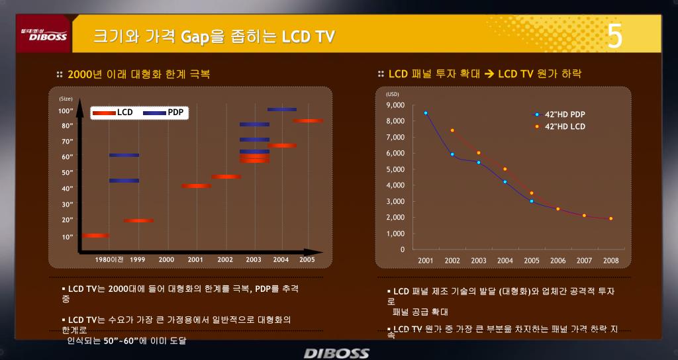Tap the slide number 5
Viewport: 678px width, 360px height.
pos(615,36)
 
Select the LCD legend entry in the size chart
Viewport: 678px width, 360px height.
pos(113,112)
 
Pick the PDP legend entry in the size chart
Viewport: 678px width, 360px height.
pos(163,112)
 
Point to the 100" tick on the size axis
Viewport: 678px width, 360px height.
pos(66,111)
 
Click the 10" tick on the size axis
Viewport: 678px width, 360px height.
pos(67,236)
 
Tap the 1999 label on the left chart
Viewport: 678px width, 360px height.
pos(138,259)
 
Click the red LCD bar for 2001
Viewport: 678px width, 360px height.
pos(196,186)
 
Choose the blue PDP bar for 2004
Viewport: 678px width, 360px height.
pos(282,110)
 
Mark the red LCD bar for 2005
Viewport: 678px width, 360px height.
pos(308,120)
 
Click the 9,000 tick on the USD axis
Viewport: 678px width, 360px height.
pos(394,105)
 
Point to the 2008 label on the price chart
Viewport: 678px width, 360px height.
pos(610,261)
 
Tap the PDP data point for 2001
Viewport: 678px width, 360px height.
pos(426,113)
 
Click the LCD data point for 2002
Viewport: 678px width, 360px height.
pos(452,130)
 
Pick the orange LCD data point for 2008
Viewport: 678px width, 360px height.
pos(610,218)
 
